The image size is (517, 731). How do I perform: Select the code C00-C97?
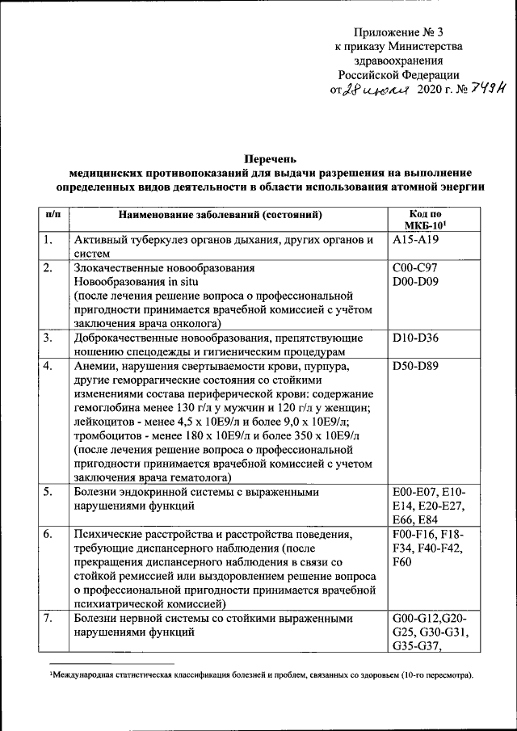pyautogui.click(x=414, y=267)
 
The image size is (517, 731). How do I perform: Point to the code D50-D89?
pyautogui.click(x=414, y=365)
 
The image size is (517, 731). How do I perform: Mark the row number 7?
pyautogui.click(x=49, y=619)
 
